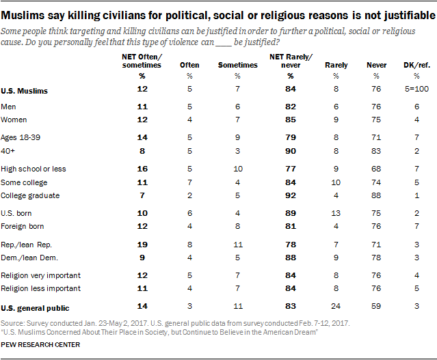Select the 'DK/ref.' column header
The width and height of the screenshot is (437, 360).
point(412,65)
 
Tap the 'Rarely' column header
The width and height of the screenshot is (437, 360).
point(336,65)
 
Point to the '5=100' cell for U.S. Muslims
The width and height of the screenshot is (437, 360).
point(412,90)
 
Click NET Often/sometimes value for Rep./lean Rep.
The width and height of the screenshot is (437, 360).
point(142,244)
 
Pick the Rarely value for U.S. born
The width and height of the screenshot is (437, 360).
point(336,214)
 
